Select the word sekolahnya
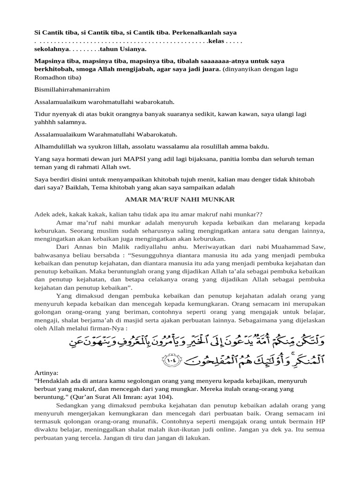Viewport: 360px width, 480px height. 52,48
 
